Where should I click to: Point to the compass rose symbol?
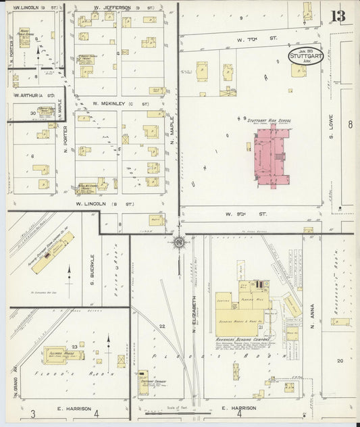178,241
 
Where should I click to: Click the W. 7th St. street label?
257,39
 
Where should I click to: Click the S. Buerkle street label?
92,266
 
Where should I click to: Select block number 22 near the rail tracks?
162,326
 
